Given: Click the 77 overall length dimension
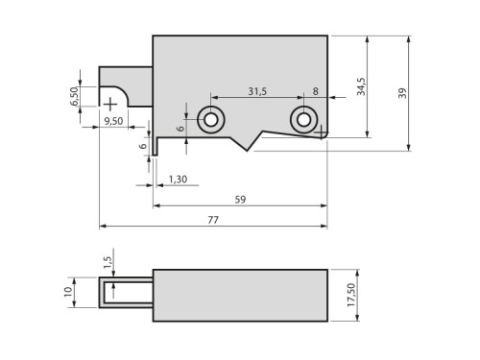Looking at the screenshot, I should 212,220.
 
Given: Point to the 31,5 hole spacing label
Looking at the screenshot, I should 256,92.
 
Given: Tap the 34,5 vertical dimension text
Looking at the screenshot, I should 361,86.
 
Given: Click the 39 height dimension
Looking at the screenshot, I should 402,93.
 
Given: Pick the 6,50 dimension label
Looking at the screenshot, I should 75,97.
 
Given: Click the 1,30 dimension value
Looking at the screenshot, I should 178,180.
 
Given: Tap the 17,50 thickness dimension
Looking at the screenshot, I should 351,295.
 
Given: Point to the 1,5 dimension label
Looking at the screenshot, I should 108,261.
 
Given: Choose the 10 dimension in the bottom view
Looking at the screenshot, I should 68,293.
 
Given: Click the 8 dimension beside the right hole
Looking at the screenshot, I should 316,92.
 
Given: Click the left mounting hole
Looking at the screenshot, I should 210,119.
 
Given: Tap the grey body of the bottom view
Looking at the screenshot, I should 240,295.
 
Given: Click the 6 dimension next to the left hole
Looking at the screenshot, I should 180,128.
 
